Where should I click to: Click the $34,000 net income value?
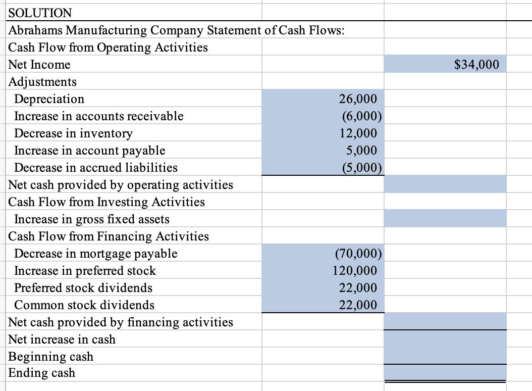(476, 65)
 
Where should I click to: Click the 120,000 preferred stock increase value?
(355, 270)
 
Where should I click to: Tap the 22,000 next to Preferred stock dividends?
(358, 287)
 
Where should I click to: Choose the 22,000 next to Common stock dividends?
(358, 305)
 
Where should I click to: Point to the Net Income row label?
(40, 65)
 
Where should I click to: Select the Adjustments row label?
(43, 81)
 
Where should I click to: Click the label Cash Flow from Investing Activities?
(107, 202)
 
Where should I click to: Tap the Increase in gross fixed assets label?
(92, 219)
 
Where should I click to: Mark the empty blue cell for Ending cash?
(445, 373)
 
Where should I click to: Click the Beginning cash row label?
(51, 356)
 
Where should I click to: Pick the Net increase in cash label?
(62, 339)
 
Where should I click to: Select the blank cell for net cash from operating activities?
(445, 184)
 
